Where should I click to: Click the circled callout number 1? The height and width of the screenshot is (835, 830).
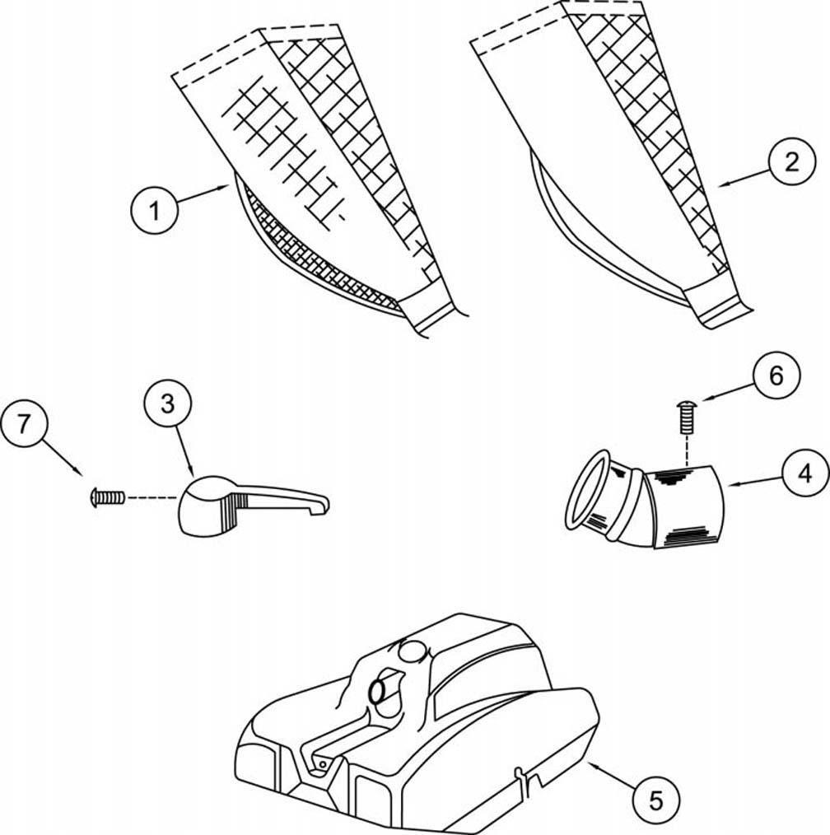pyautogui.click(x=155, y=210)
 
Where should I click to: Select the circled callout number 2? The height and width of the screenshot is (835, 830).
pyautogui.click(x=791, y=161)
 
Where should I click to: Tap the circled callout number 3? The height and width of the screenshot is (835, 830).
pyautogui.click(x=167, y=404)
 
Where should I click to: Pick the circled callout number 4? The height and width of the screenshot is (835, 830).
pyautogui.click(x=805, y=473)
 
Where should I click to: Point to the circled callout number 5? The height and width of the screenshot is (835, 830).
pyautogui.click(x=656, y=800)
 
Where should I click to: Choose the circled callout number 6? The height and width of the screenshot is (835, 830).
pyautogui.click(x=776, y=376)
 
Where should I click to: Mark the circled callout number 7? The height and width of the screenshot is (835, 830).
pyautogui.click(x=23, y=424)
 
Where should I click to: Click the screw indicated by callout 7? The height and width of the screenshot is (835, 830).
pyautogui.click(x=108, y=497)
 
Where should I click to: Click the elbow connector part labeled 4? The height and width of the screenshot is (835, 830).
pyautogui.click(x=644, y=500)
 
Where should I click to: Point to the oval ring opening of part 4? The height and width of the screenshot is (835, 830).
pyautogui.click(x=587, y=490)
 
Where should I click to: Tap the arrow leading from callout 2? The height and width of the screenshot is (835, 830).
pyautogui.click(x=744, y=177)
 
